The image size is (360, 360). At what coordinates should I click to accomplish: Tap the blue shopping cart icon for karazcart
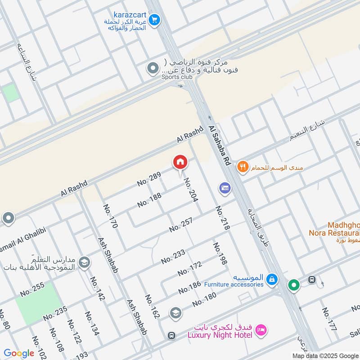(154, 20)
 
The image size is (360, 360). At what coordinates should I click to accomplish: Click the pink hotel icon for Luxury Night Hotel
(260, 331)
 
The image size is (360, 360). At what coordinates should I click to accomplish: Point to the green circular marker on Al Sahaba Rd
(294, 286)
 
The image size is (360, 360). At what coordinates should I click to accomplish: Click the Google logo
(19, 353)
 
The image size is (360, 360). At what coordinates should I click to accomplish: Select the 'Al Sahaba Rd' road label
(220, 145)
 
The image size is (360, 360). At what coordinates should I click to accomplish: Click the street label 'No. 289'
(149, 179)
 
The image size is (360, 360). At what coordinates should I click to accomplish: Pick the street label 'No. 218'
(222, 218)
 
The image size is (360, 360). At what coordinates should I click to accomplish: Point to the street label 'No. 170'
(110, 216)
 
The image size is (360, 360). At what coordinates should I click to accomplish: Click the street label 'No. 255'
(32, 289)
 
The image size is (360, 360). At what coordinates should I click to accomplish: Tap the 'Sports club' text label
(177, 77)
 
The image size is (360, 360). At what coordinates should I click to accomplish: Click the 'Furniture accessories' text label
(234, 284)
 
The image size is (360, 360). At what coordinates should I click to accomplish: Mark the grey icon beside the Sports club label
(153, 68)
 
